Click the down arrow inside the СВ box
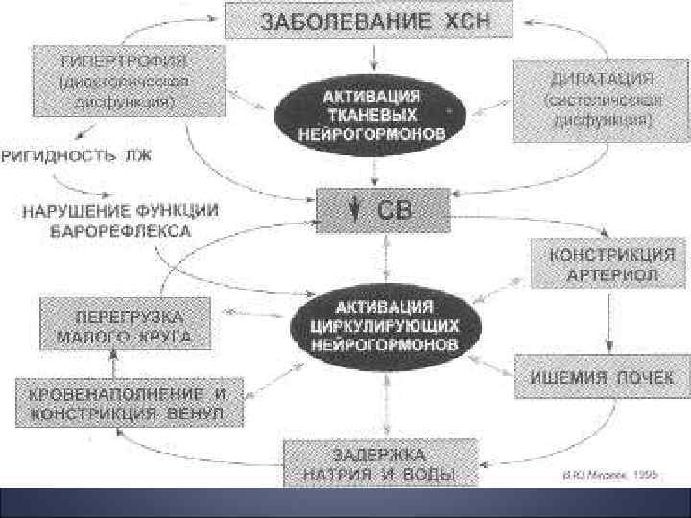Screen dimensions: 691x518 click(354, 209)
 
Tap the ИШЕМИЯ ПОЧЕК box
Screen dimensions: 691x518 click(602, 375)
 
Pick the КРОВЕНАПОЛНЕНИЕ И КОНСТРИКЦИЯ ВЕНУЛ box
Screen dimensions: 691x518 click(127, 403)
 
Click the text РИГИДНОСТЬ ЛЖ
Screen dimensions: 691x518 click(76, 156)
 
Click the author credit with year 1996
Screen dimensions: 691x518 click(597, 475)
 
